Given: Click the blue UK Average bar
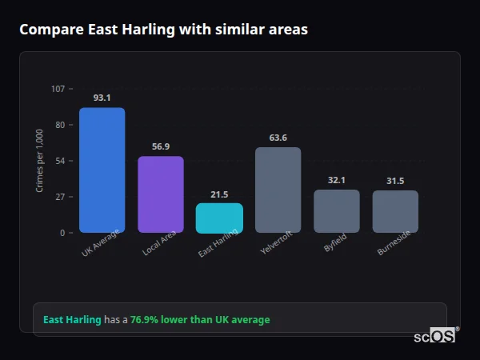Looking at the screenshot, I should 102,170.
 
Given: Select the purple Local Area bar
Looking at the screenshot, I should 161,194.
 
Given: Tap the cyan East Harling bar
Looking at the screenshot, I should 219,218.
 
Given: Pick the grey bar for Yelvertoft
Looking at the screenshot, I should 278,190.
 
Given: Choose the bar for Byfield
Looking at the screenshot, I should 337,211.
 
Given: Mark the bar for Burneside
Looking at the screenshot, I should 395,211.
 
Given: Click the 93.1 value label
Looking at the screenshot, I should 102,98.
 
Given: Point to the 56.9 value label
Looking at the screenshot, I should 161,146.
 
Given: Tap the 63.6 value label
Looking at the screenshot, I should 278,138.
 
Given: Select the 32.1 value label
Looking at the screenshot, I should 337,180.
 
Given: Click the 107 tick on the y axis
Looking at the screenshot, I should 58,89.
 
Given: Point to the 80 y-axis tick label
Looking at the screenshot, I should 61,125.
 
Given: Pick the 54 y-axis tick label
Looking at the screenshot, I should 61,161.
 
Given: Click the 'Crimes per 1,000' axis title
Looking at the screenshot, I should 40,161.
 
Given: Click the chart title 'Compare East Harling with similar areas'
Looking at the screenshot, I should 163,30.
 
